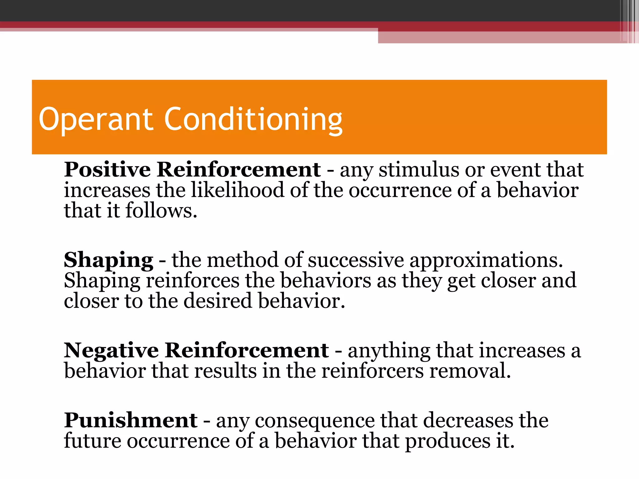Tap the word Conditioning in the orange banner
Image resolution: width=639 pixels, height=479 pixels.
253,119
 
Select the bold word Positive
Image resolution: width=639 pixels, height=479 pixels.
107,170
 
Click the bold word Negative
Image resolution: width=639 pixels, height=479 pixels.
111,351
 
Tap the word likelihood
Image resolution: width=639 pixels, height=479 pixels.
237,190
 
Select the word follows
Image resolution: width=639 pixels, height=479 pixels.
161,211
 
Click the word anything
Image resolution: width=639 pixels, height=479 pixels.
389,351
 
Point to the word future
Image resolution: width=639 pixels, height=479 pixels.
93,441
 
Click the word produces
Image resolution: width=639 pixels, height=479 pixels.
448,442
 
